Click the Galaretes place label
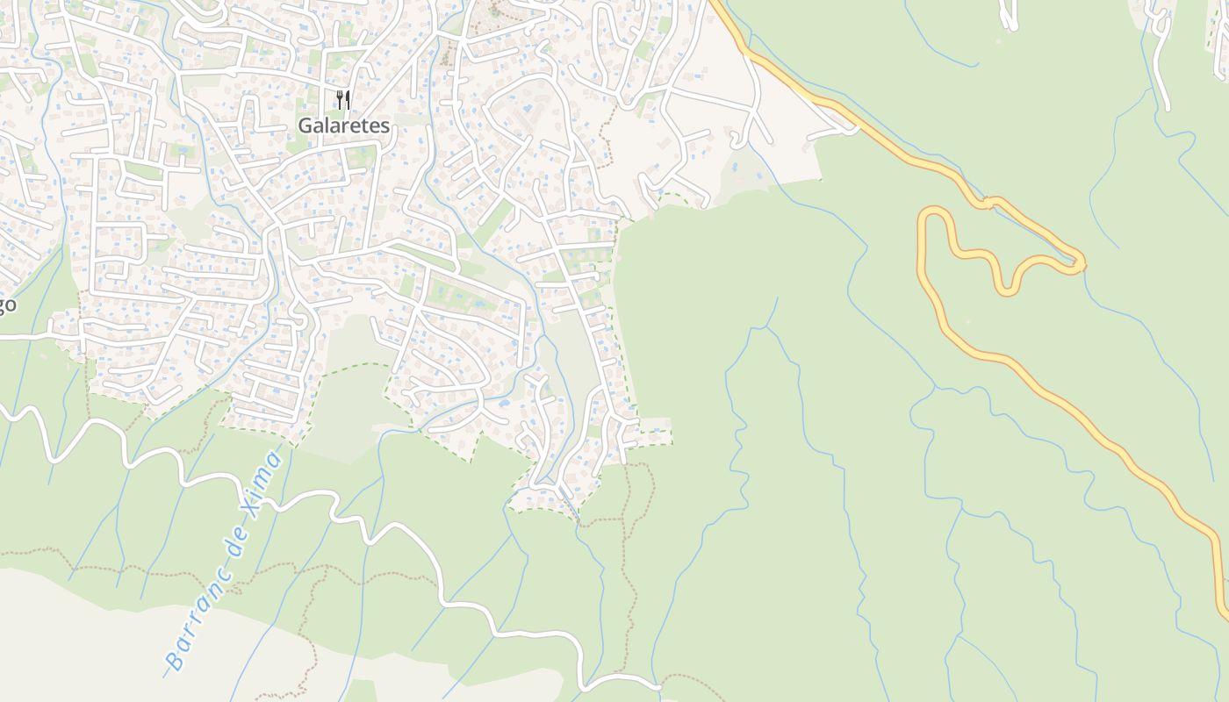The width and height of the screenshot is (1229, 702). click(x=343, y=125)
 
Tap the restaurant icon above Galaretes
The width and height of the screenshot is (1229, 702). click(x=343, y=100)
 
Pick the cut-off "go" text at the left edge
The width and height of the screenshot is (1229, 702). click(x=7, y=305)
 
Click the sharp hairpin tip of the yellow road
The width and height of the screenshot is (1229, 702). click(x=1082, y=262)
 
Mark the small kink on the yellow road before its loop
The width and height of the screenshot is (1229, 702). click(x=988, y=204)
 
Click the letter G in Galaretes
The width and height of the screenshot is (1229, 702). click(x=305, y=125)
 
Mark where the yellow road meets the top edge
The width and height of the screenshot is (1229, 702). click(x=715, y=3)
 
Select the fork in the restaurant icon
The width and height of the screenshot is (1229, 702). click(x=339, y=100)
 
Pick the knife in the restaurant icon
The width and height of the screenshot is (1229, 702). click(x=348, y=100)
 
